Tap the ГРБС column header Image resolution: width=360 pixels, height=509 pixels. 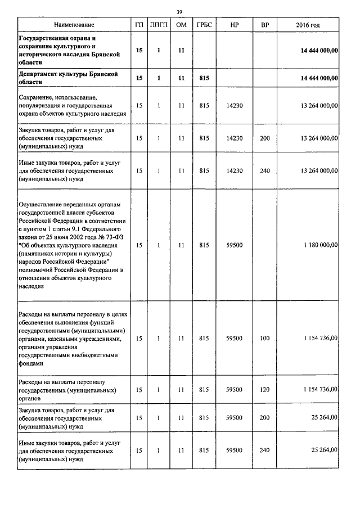[x=204, y=25]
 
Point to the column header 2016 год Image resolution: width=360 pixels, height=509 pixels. [x=308, y=25]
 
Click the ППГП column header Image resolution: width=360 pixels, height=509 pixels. [x=159, y=25]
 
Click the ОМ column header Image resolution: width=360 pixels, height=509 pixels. [x=181, y=25]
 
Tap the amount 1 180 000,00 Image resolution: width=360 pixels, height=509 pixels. [x=319, y=245]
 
